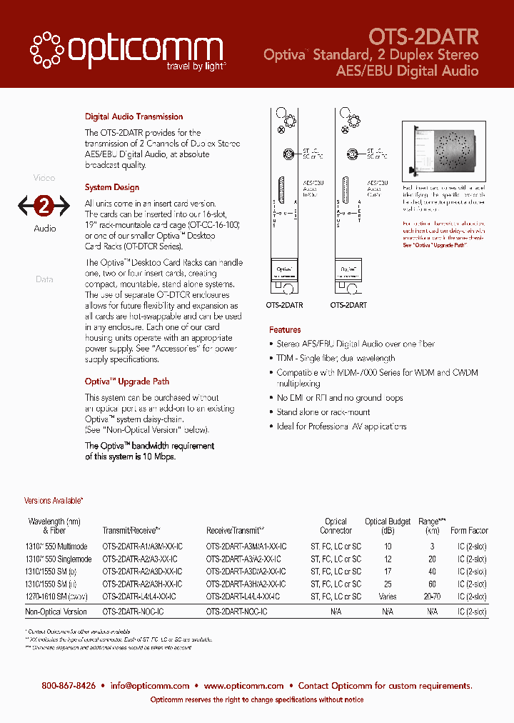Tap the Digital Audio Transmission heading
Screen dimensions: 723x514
pyautogui.click(x=133, y=116)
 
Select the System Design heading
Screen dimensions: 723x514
pyautogui.click(x=112, y=187)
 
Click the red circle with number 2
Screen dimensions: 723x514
pyautogui.click(x=44, y=206)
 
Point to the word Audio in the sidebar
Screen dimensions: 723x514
pyautogui.click(x=44, y=229)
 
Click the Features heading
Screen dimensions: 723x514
pyautogui.click(x=285, y=330)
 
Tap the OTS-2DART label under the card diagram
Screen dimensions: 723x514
pyautogui.click(x=348, y=305)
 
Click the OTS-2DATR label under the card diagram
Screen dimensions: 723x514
pyautogui.click(x=284, y=305)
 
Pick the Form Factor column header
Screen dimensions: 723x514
pyautogui.click(x=469, y=531)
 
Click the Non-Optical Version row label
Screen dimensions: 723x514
pyautogui.click(x=56, y=612)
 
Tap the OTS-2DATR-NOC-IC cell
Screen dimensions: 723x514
pyautogui.click(x=133, y=612)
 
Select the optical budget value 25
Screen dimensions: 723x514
pyautogui.click(x=388, y=584)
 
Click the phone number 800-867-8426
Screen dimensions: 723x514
pyautogui.click(x=69, y=685)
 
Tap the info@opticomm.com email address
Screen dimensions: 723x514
pyautogui.click(x=150, y=685)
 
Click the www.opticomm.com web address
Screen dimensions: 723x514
pyautogui.click(x=243, y=685)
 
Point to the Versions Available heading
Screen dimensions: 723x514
pyautogui.click(x=54, y=502)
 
